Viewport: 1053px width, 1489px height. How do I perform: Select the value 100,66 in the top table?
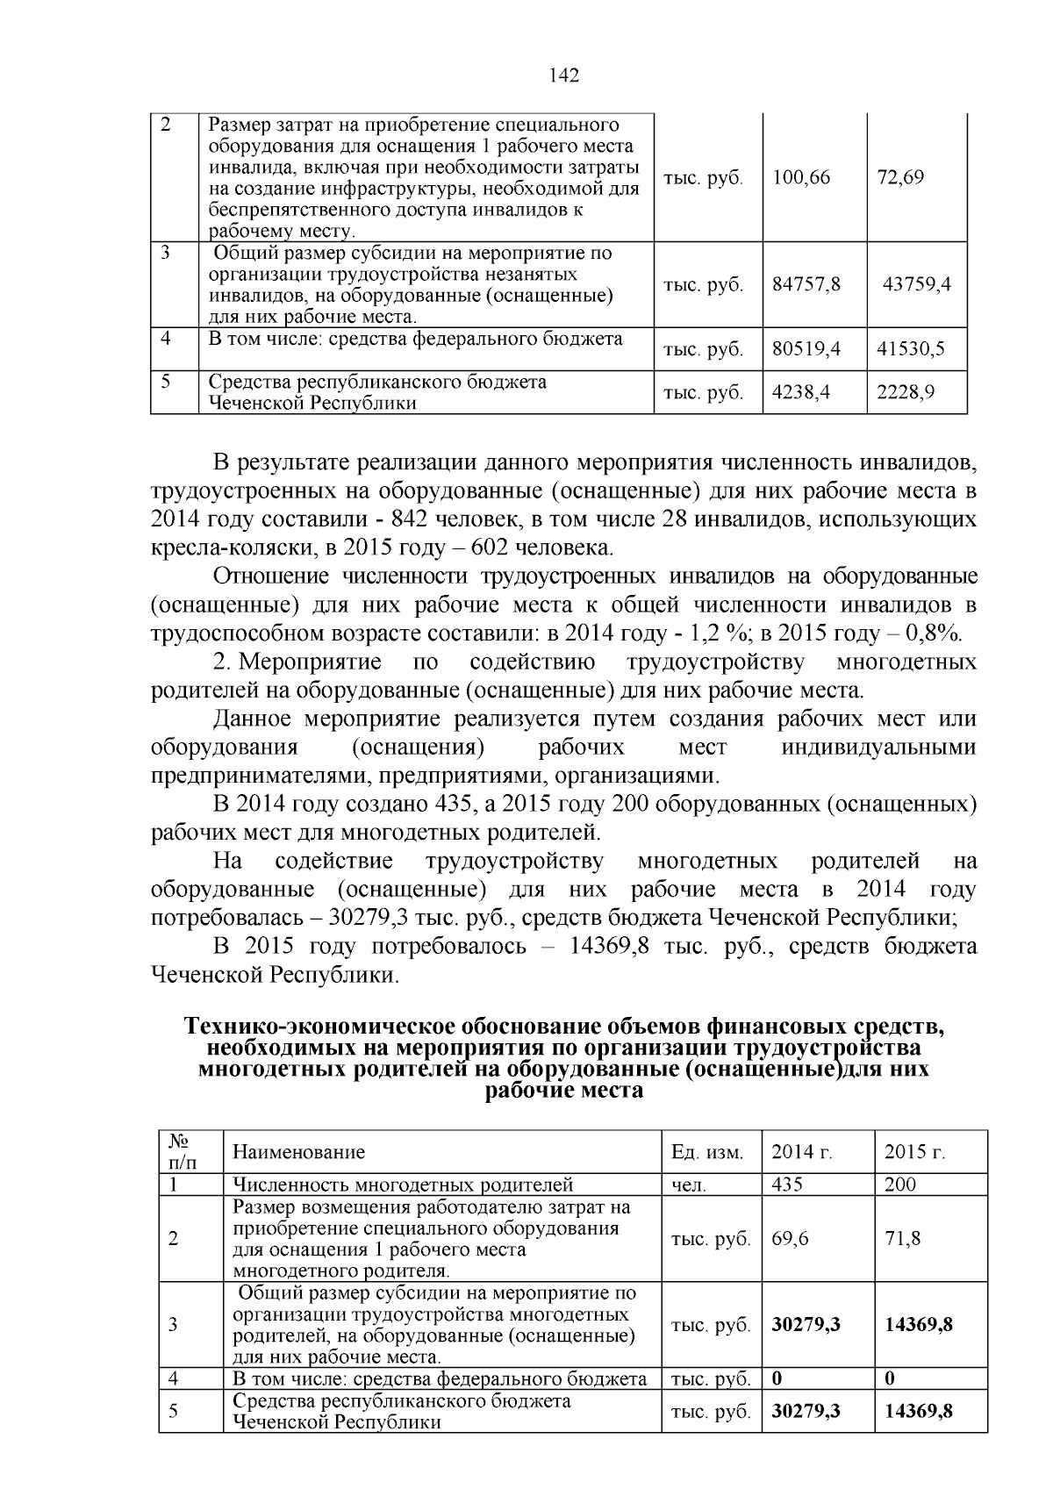point(801,178)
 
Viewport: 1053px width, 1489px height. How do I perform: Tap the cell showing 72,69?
point(900,178)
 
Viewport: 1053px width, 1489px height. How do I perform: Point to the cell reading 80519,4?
point(806,349)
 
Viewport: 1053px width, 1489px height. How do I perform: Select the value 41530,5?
point(911,349)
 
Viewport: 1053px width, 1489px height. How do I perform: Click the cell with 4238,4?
point(800,392)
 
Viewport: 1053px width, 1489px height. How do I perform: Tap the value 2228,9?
point(906,392)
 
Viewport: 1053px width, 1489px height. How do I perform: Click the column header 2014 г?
point(802,1152)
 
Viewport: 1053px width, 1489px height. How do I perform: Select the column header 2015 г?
point(914,1152)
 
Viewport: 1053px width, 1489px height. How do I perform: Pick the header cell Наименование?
point(298,1152)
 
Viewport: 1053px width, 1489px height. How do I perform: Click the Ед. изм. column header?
point(706,1152)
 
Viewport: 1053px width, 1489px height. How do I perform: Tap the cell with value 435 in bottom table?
point(787,1185)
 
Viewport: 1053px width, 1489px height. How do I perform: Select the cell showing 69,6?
point(790,1239)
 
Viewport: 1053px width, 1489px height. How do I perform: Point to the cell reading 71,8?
point(903,1239)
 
